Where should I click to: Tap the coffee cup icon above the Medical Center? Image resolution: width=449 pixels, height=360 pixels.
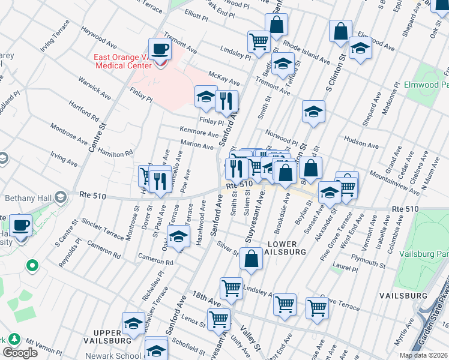click(160, 48)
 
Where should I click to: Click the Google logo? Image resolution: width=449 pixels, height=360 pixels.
click(20, 353)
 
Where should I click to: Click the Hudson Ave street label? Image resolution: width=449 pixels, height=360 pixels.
click(361, 145)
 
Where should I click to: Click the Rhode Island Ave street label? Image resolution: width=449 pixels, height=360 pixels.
click(307, 53)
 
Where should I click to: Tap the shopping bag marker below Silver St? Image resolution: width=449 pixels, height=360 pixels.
click(252, 258)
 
